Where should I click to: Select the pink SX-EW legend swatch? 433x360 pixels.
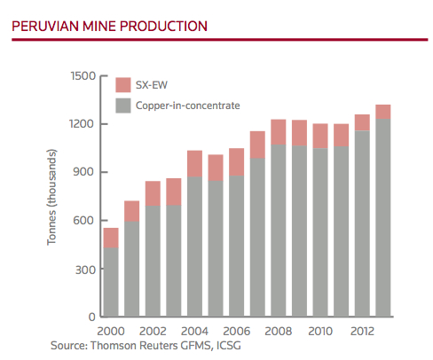tap(124, 85)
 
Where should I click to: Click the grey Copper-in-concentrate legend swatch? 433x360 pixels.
tap(124, 106)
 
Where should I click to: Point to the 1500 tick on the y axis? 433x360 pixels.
tap(83, 75)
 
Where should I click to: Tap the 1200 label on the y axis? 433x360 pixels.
tap(83, 123)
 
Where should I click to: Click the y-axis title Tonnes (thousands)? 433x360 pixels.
tap(55, 195)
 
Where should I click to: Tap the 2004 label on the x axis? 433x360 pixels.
tap(194, 330)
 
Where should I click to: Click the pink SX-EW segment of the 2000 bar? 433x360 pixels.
tap(112, 237)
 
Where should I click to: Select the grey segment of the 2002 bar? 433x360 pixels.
tap(154, 261)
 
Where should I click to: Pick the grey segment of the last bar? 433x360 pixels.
tap(382, 217)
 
